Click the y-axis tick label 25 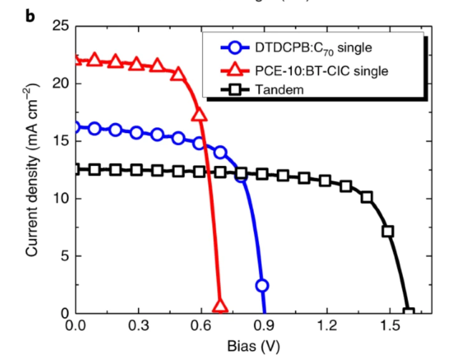61,26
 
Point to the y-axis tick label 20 61,84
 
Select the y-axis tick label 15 61,141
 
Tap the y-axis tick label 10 61,199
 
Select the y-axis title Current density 32,170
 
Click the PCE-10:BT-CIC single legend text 322,69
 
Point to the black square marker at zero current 409,313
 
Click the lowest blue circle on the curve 262,286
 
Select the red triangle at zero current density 220,306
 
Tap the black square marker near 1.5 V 388,231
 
